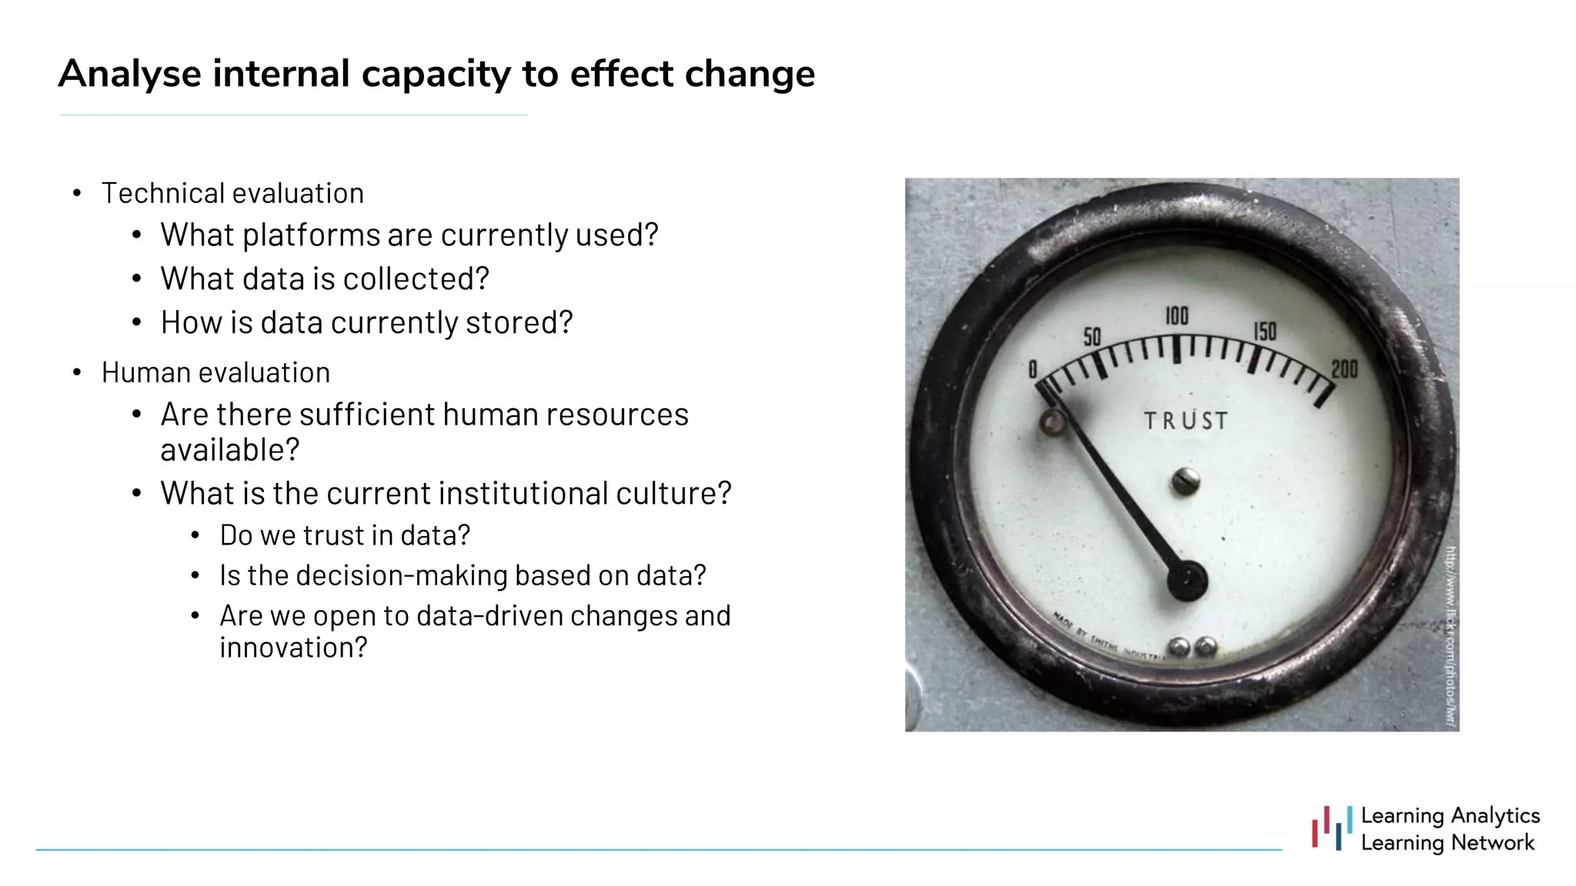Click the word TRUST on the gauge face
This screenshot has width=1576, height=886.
(x=1185, y=421)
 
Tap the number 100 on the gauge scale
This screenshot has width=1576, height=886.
(x=1177, y=316)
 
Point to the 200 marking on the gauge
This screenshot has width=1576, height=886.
(x=1344, y=370)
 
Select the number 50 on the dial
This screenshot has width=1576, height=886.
(x=1092, y=337)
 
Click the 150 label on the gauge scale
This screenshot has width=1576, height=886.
(x=1265, y=331)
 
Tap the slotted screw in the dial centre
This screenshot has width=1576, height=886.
(x=1186, y=482)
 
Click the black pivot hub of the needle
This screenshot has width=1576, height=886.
(x=1187, y=581)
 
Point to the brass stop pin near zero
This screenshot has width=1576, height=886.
(x=1053, y=422)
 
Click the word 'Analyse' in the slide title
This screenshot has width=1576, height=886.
(x=130, y=75)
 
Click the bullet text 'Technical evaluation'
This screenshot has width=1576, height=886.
(x=232, y=194)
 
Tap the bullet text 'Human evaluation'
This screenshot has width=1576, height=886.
(x=215, y=373)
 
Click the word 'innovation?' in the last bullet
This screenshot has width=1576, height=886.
(x=293, y=648)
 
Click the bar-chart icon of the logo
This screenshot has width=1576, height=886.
(x=1332, y=828)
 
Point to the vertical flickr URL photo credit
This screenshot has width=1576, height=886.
(x=1451, y=635)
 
